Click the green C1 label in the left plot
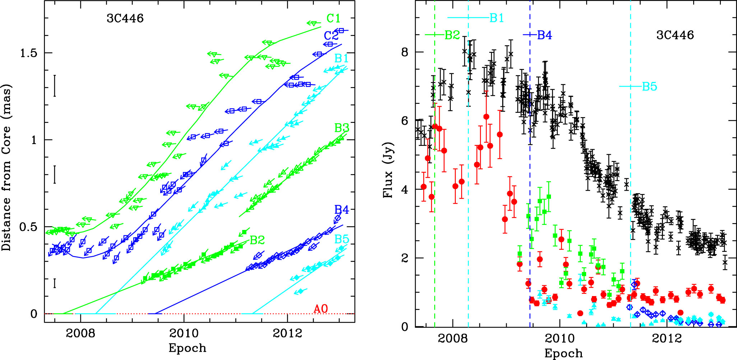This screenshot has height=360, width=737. (x=333, y=18)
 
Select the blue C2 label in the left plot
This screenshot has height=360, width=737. (x=331, y=36)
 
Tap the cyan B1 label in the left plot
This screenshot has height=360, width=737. (x=341, y=58)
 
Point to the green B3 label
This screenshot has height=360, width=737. (x=342, y=128)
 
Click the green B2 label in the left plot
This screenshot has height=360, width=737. (x=257, y=240)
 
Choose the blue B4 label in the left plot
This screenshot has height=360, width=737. (x=342, y=210)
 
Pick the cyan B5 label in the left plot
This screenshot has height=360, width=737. (x=342, y=239)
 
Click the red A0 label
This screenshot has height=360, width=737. (x=321, y=309)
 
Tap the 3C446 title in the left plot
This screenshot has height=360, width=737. (x=125, y=18)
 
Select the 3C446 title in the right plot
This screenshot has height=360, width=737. (x=675, y=35)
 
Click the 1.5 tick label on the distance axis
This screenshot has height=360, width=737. (x=28, y=53)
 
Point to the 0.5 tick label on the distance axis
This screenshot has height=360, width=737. (x=28, y=227)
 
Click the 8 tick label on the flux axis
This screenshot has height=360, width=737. (x=405, y=52)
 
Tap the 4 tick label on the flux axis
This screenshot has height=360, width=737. (x=405, y=190)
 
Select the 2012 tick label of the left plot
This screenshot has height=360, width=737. (x=287, y=333)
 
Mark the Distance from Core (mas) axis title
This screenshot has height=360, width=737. (x=6, y=167)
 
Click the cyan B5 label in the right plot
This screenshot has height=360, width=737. (x=649, y=87)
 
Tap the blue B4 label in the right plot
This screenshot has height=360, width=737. (x=544, y=35)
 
